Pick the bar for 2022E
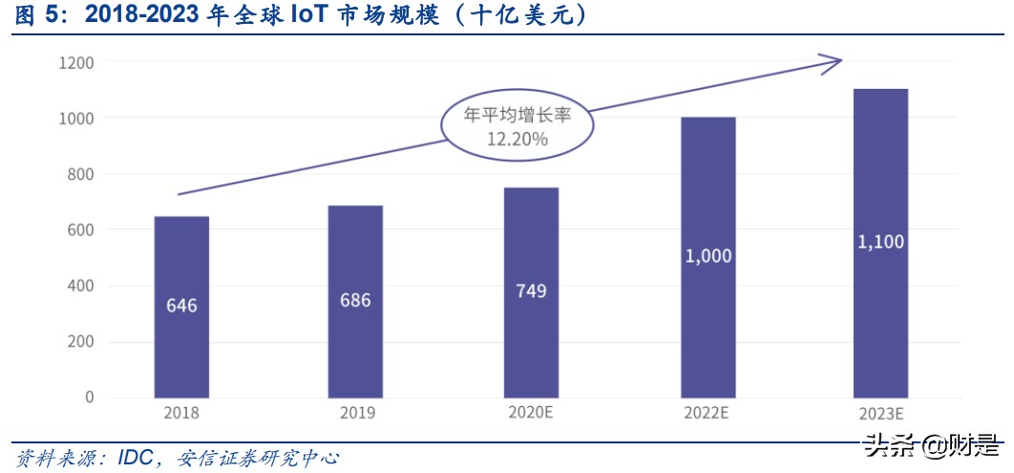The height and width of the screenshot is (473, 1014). point(708,257)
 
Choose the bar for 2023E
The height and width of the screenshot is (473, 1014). point(880,243)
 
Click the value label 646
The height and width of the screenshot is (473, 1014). point(181,306)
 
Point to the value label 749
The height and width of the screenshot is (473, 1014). point(531,290)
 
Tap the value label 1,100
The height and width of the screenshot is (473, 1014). point(880,242)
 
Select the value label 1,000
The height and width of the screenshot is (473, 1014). point(708,256)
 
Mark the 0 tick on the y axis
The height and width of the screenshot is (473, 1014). point(90,398)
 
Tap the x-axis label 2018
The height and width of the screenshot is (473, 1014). point(181,413)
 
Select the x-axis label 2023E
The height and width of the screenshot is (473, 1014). point(880,414)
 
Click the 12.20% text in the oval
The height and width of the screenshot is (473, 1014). point(517,140)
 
